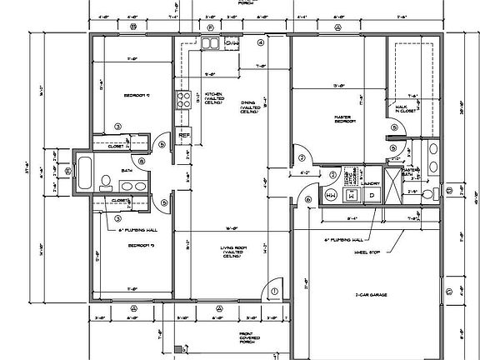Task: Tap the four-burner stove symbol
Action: [182, 101]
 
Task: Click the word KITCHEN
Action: [214, 95]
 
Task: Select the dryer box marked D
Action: [372, 195]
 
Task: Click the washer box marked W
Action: [350, 195]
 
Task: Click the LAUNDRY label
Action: [372, 181]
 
